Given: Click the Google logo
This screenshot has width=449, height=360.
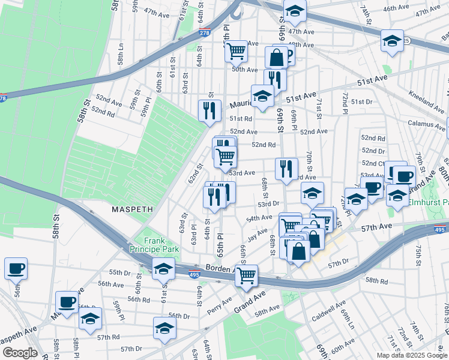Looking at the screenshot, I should pos(19,353).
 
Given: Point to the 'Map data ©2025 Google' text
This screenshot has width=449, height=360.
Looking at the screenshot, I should pos(412,355).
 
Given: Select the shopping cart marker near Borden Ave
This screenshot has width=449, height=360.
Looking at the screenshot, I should pos(246,276).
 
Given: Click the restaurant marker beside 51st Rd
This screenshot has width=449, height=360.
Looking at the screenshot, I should pos(209,110).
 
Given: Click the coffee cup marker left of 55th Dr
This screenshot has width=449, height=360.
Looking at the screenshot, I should pos(16,268).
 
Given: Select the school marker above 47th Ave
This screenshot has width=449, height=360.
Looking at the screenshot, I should pos(295,11).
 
